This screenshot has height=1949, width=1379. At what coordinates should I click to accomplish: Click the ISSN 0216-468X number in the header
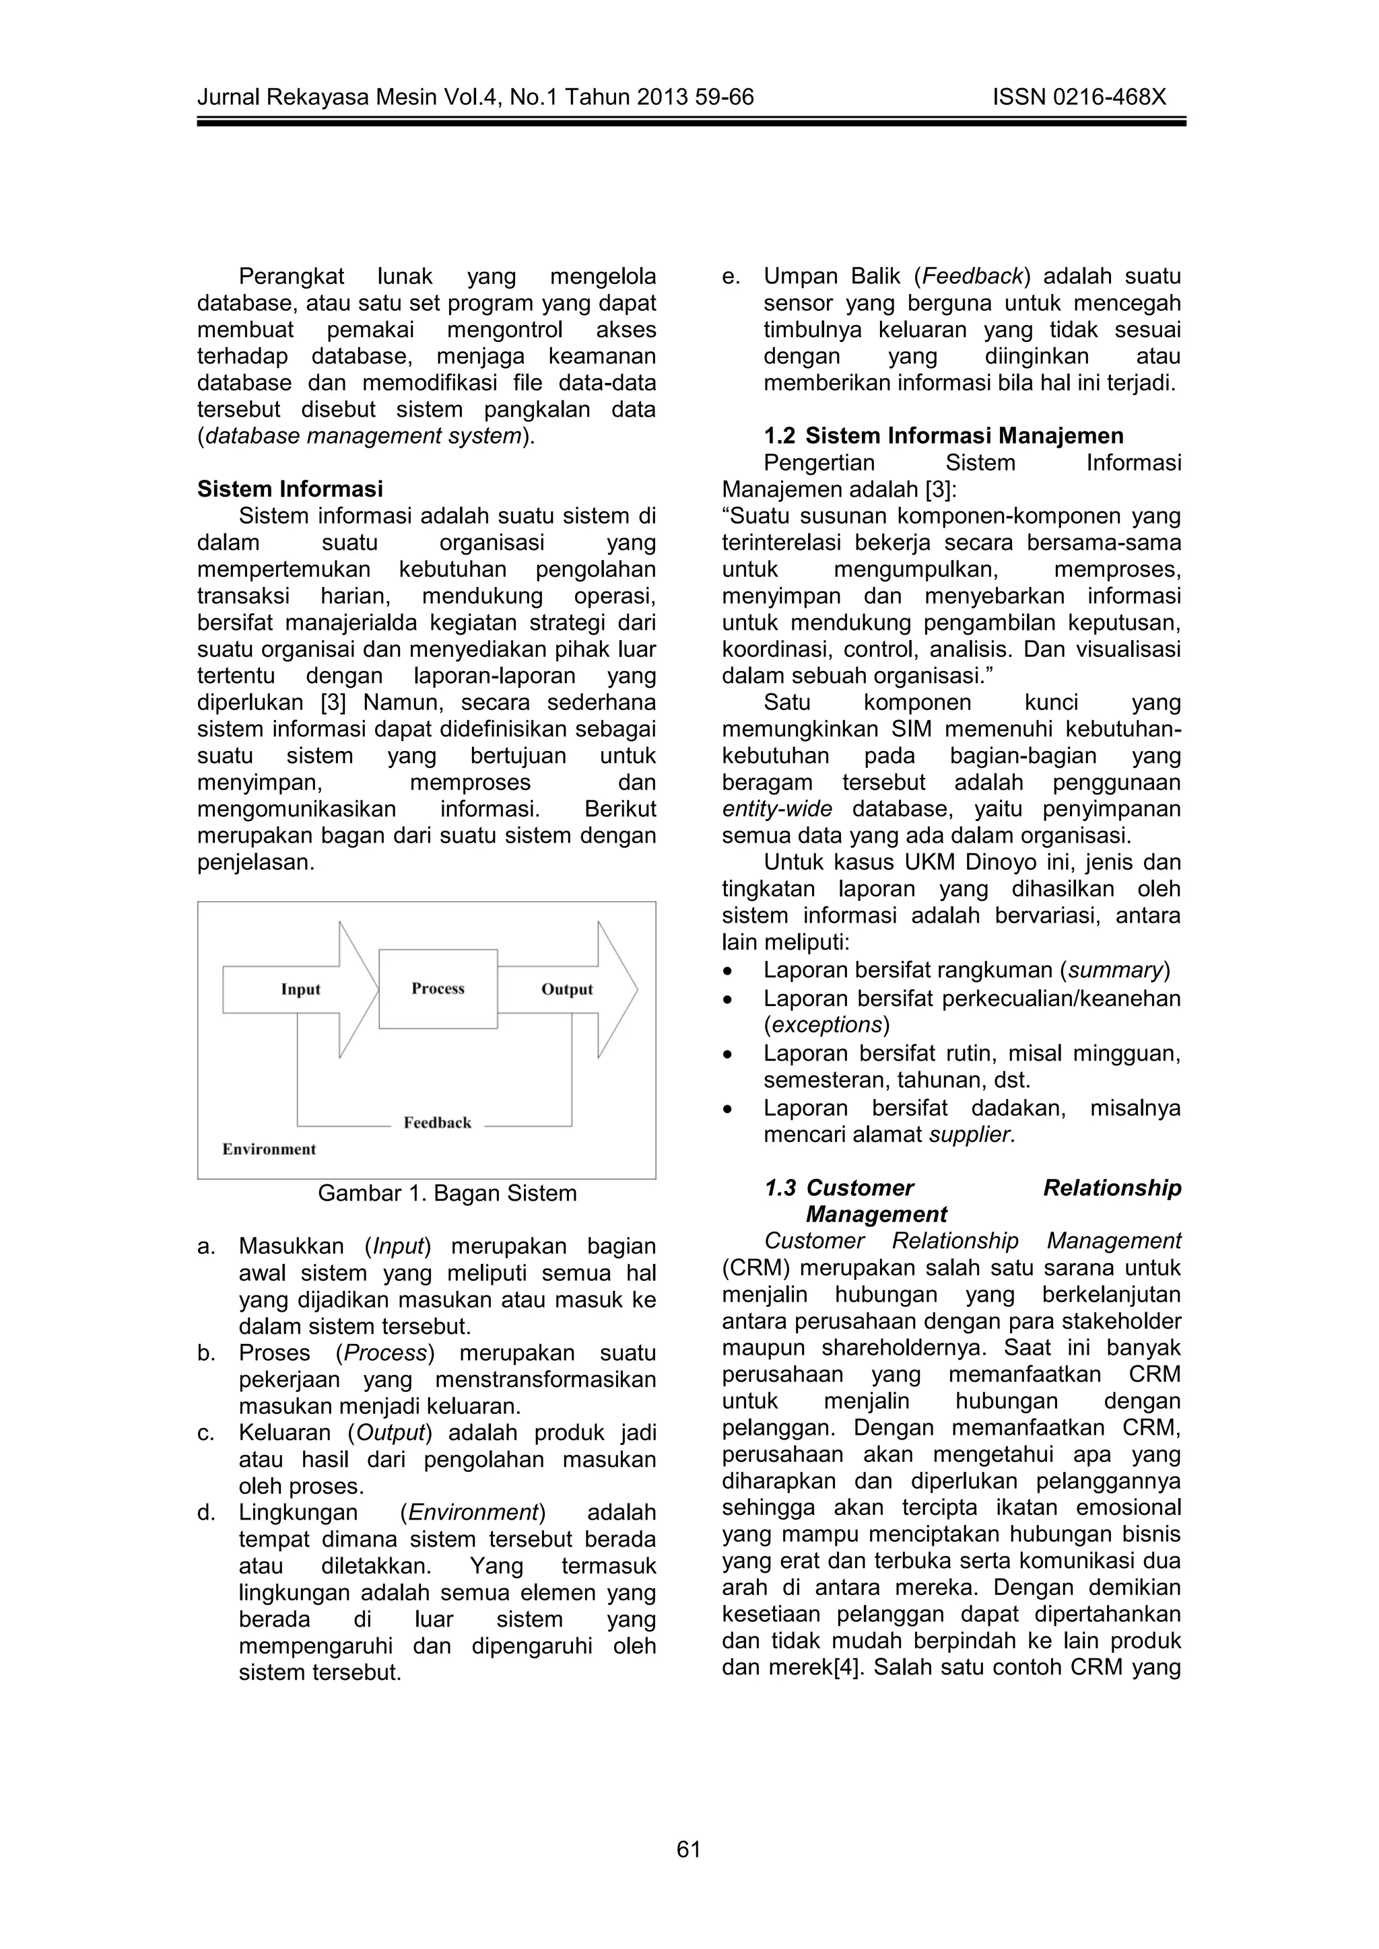(x=1079, y=98)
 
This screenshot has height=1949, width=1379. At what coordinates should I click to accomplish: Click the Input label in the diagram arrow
(x=300, y=990)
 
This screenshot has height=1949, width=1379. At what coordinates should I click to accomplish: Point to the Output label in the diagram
(x=566, y=990)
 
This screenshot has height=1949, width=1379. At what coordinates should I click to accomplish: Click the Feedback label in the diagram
(x=437, y=1123)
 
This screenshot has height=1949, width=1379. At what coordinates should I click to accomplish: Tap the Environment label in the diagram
(x=269, y=1149)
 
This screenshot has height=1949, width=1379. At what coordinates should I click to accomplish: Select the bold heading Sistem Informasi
(x=290, y=489)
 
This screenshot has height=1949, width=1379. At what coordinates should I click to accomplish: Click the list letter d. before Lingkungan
(x=205, y=1513)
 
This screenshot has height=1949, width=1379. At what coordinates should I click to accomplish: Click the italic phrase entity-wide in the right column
(x=776, y=809)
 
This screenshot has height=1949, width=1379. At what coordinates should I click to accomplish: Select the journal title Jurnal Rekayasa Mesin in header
(x=319, y=98)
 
